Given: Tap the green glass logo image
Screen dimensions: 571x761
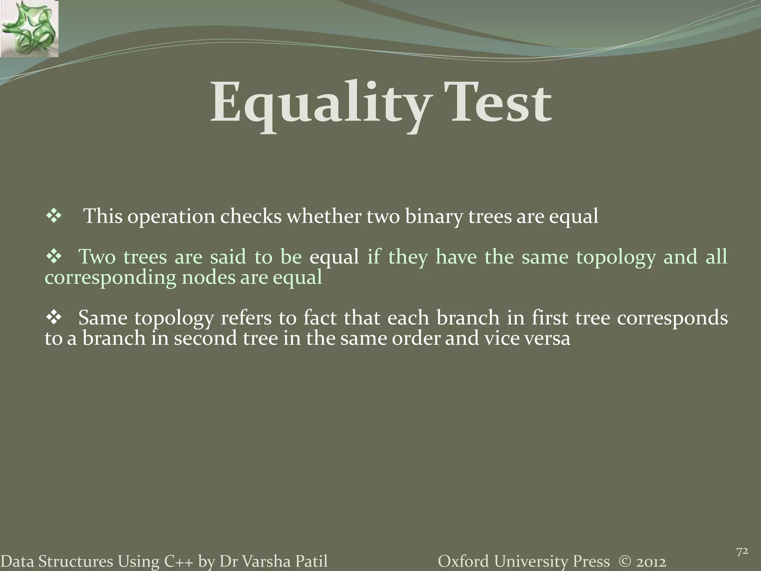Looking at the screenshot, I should point(29,29).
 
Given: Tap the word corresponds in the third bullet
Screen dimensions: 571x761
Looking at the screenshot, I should point(672,319).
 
